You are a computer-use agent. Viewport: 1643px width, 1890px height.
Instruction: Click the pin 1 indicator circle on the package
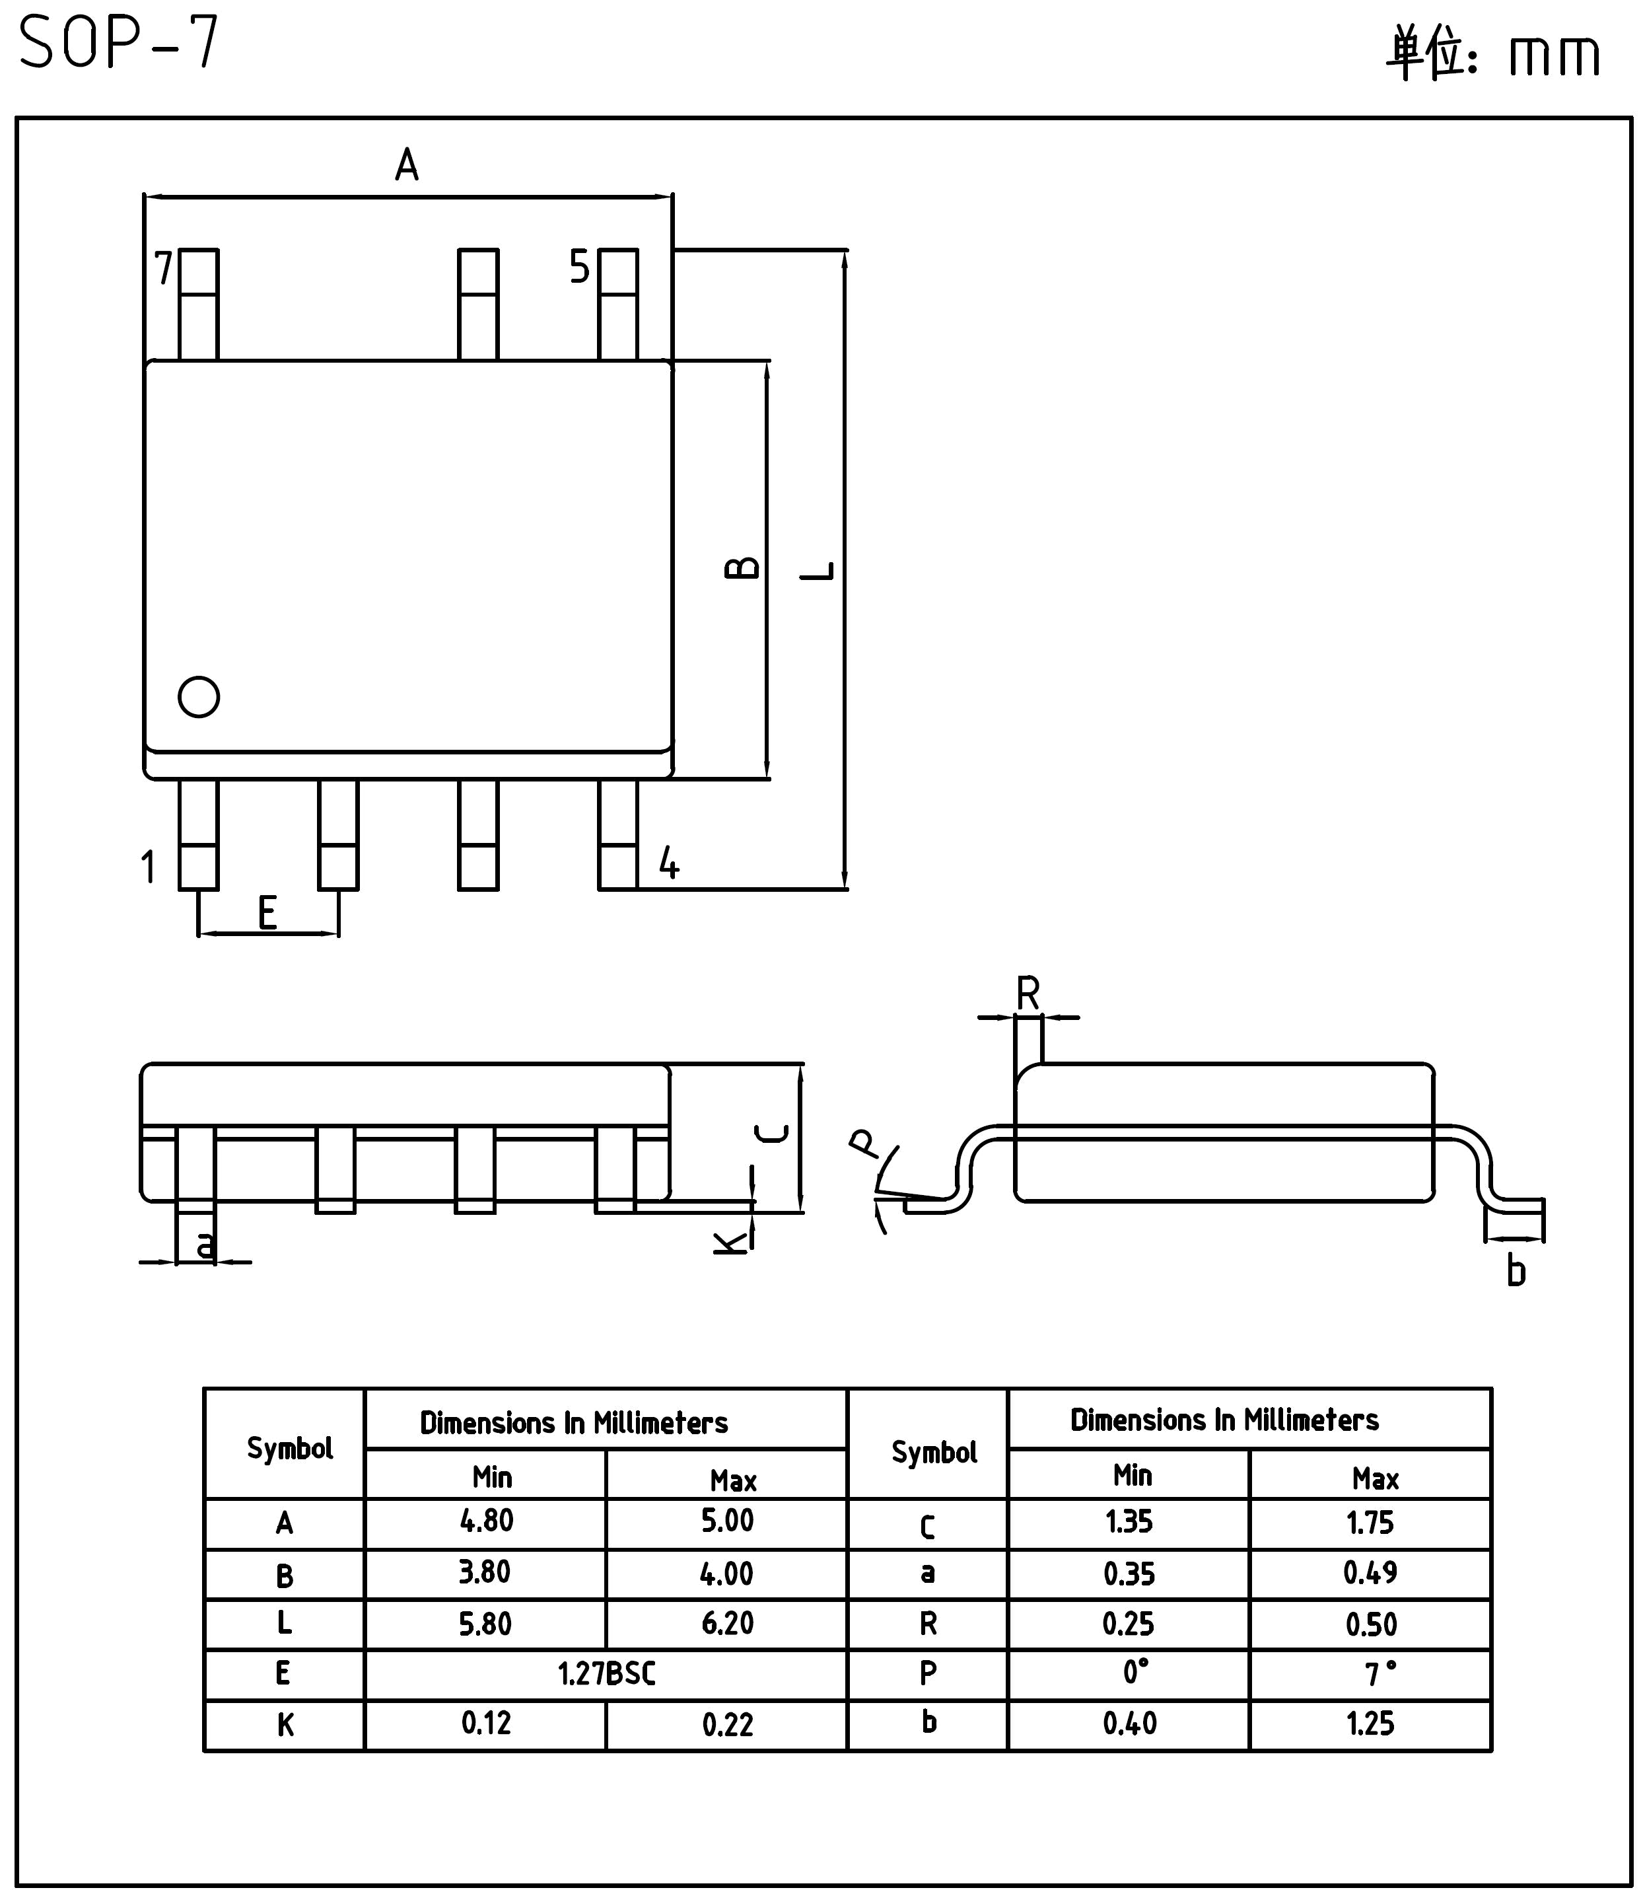coord(198,697)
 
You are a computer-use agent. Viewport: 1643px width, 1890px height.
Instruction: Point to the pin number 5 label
coord(579,267)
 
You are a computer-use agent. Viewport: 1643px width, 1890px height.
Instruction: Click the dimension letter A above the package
coord(406,165)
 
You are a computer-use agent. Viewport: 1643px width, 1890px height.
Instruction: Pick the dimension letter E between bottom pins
coord(267,912)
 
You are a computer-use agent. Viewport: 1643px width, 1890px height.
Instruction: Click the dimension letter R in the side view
coord(1029,993)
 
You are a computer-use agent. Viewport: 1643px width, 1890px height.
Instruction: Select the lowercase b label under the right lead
coord(1516,1271)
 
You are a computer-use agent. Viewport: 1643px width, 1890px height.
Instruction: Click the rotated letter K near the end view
coord(731,1243)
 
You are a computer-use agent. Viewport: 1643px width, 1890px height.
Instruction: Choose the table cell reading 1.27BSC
coord(606,1673)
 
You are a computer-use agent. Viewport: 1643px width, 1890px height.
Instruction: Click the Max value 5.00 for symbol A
coord(727,1521)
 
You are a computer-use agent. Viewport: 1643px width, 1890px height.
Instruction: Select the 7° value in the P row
coord(1380,1673)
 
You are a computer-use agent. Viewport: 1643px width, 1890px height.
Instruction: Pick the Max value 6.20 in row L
coord(727,1623)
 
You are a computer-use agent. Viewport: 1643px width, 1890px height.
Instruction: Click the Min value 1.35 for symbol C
coord(1129,1521)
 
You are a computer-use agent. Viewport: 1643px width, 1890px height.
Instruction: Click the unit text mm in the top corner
coord(1555,55)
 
